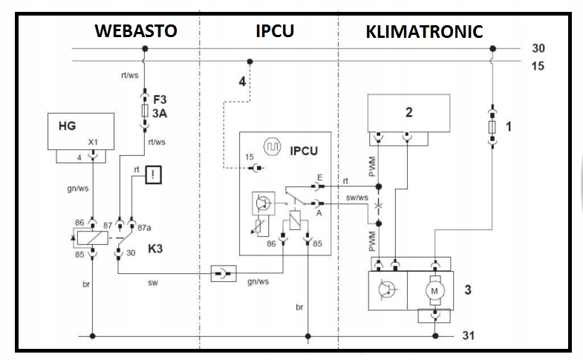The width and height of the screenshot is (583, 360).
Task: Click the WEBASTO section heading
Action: click(x=136, y=31)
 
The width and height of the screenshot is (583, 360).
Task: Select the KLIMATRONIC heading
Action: click(x=424, y=32)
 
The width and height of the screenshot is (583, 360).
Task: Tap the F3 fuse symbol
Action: click(x=145, y=111)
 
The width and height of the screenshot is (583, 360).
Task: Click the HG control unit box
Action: click(x=81, y=131)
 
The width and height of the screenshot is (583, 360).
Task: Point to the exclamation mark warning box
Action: click(x=154, y=174)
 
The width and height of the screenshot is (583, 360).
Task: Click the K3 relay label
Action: click(x=155, y=249)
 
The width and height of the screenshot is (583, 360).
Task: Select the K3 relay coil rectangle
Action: click(x=93, y=238)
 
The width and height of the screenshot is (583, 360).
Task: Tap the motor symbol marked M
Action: click(x=434, y=291)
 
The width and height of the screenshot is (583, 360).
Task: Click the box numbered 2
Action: click(x=408, y=113)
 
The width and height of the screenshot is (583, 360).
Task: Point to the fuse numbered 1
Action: click(x=492, y=127)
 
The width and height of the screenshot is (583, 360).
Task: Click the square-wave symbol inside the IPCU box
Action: click(x=272, y=147)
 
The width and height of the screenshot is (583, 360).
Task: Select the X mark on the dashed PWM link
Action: click(x=379, y=205)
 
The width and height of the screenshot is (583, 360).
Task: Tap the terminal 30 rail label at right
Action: click(x=538, y=48)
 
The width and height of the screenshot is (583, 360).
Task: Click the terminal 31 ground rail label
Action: click(x=469, y=336)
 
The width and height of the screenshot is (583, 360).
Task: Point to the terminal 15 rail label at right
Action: click(x=538, y=66)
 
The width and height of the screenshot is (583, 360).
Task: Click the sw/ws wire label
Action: click(x=357, y=197)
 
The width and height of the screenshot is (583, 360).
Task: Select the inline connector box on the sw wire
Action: click(x=224, y=273)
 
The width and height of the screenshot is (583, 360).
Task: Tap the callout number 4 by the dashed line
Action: click(x=242, y=82)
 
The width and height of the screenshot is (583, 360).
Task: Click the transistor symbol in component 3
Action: click(x=387, y=289)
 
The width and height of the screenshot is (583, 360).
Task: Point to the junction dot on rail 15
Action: click(x=250, y=62)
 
